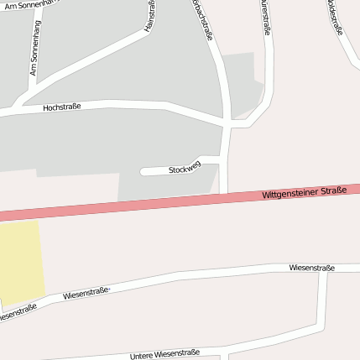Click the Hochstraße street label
(61, 107)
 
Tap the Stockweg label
(185, 169)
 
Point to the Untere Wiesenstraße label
(164, 355)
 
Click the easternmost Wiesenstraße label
(311, 268)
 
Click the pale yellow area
(21, 260)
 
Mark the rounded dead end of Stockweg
(143, 171)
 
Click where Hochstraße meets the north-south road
(227, 124)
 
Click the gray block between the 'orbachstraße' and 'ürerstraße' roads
(242, 80)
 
